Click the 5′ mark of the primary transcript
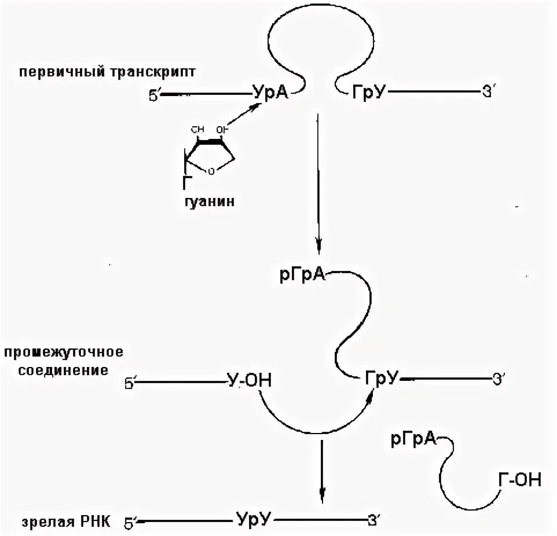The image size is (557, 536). [154, 95]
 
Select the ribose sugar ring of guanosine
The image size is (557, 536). [209, 152]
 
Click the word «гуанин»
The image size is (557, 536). [209, 203]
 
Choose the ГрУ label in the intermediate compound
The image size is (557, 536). [382, 378]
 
